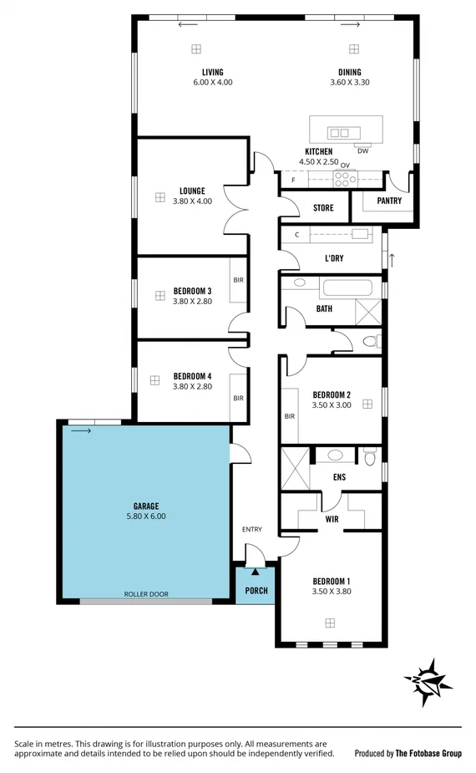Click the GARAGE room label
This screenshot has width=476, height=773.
[x=145, y=506]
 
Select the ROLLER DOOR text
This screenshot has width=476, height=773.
[x=146, y=594]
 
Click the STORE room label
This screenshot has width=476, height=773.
[x=322, y=208]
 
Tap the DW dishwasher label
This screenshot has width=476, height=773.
[x=362, y=151]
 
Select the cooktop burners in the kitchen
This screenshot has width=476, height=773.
[x=343, y=177]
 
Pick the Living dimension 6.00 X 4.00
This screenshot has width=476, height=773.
[x=212, y=83]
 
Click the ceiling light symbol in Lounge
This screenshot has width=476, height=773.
[x=160, y=197]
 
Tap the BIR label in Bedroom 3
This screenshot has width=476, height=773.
[x=238, y=280]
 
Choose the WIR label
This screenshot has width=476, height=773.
[x=331, y=519]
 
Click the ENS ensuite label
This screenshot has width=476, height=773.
[x=339, y=477]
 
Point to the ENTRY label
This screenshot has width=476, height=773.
[x=251, y=529]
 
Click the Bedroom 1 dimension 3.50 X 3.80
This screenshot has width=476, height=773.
[x=331, y=592]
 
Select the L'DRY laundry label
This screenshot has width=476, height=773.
[x=334, y=258]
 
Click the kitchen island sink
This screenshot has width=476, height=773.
[x=339, y=133]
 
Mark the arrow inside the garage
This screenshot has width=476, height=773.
[x=81, y=431]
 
